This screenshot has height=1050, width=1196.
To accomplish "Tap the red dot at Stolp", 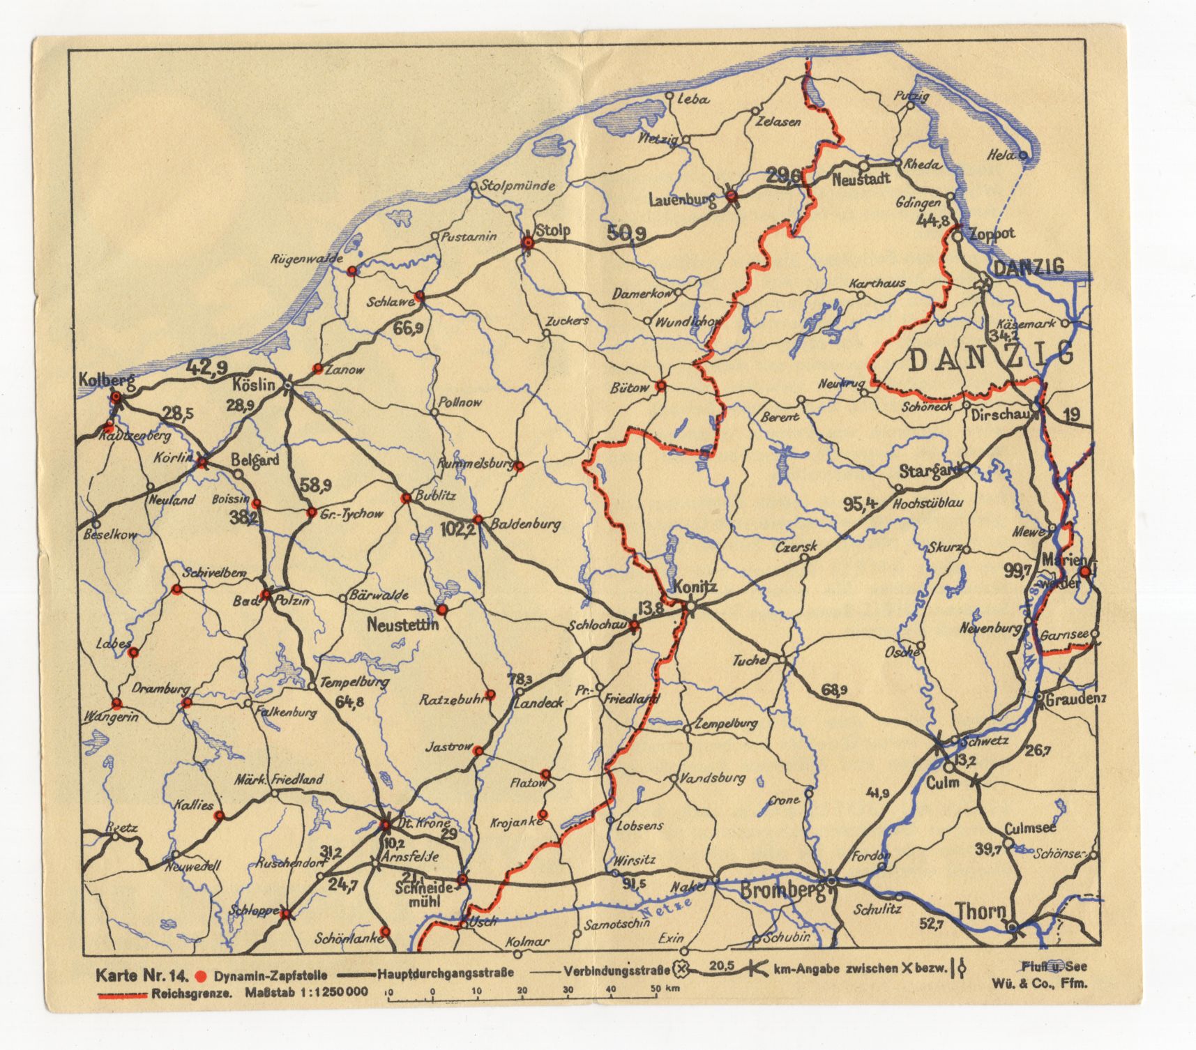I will coord(528,243).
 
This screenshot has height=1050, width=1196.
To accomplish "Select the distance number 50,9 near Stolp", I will coord(626,234).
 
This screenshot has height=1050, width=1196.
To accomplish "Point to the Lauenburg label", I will coord(682,201).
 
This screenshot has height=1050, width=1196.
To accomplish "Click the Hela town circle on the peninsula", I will coord(1023,155).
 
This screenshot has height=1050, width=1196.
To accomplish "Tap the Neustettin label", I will coord(402,625).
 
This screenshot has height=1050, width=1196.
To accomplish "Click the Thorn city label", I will coord(981,911).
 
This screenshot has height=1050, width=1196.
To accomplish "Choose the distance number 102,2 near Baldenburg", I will coord(457,529).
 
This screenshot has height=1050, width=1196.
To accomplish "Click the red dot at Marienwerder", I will coord(1084,572).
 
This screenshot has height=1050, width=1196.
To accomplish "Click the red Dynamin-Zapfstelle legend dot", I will coord(202,975).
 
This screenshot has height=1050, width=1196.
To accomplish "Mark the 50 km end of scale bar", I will coord(656,998).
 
